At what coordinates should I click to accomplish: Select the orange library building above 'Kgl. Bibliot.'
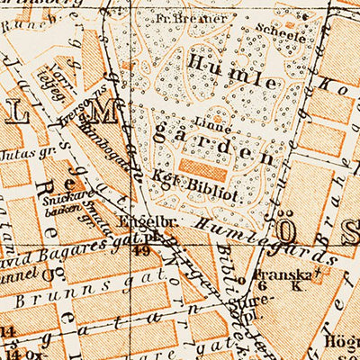pyautogui.click(x=204, y=168)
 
